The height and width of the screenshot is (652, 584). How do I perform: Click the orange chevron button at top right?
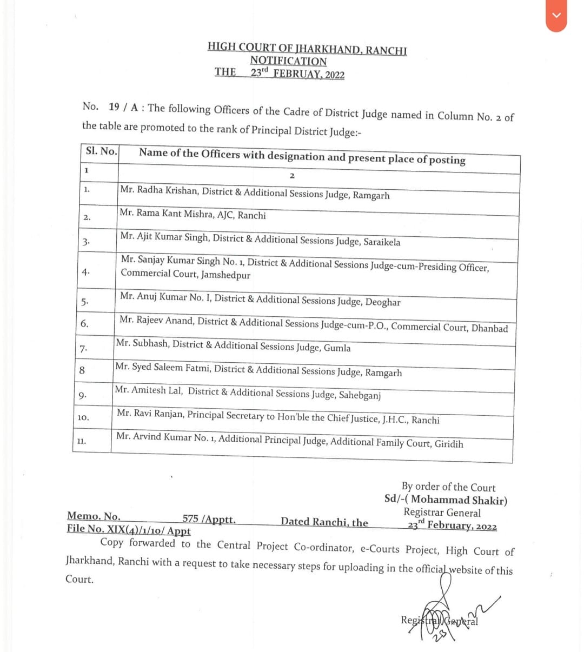556,16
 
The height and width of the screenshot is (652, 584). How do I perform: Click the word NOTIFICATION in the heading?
288,61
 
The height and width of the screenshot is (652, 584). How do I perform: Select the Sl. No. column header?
101,151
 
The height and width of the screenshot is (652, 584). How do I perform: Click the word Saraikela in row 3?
382,242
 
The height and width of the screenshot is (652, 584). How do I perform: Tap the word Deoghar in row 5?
383,302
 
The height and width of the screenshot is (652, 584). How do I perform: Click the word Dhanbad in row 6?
489,328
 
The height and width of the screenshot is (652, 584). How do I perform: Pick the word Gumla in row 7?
337,348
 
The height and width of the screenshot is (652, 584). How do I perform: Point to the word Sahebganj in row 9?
360,395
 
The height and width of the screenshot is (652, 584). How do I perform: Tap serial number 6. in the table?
84,324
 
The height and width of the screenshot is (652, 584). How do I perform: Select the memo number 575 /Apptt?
209,519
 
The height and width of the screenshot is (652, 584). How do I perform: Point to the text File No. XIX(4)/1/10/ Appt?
129,530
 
